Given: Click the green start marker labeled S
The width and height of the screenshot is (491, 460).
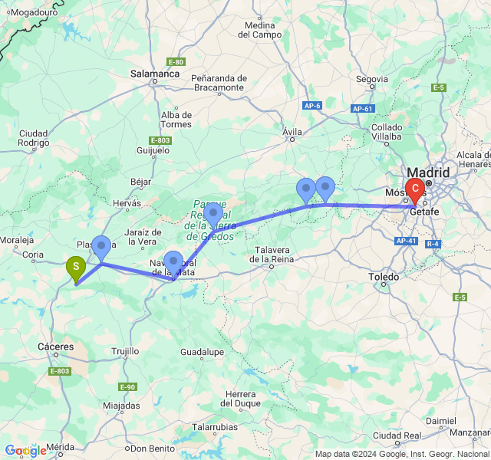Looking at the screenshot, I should point(76,268).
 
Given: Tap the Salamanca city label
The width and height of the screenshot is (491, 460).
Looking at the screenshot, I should point(154,74).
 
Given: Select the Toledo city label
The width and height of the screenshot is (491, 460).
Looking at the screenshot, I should point(384,276).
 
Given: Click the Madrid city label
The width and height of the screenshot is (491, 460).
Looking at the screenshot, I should point(430,172).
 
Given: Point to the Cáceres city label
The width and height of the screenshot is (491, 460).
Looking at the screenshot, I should point(55,347).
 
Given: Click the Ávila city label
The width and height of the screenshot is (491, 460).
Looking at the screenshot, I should point(292,132).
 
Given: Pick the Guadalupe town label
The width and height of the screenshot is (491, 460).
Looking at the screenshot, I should point(201,352).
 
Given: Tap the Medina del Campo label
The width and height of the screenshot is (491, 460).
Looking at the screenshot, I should point(264,30).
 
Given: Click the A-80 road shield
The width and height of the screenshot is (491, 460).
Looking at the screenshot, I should point(176,61).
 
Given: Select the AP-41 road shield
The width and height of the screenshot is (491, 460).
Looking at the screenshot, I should point(407,241).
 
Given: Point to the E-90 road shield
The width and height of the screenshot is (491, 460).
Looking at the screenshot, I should point(127,387).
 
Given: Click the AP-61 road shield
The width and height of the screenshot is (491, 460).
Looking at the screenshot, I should point(363,109).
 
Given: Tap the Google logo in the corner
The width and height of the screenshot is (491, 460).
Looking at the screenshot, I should point(25,451).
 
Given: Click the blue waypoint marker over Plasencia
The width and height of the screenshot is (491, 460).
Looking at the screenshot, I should point(101,246).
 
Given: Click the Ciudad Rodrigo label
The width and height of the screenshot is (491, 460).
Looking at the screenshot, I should point(34,137).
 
